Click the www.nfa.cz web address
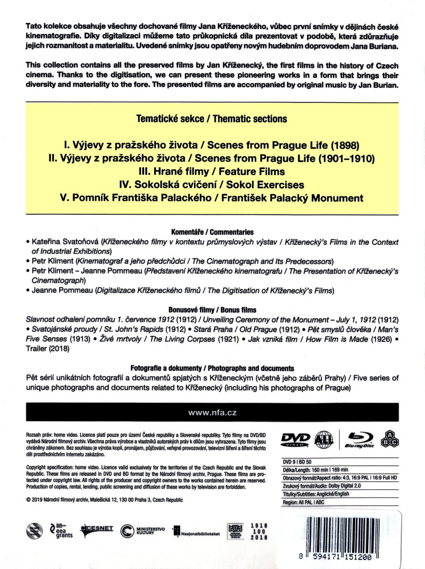212,413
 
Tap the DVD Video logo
295,440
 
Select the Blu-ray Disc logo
359,440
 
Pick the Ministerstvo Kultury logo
143,530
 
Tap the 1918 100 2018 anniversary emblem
259,531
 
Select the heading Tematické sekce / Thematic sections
212,119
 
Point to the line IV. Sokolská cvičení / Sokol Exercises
212,185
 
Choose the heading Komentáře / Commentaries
212,232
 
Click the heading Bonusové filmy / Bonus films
212,310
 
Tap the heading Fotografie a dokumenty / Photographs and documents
212,368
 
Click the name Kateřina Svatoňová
65,242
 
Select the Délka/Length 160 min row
315,470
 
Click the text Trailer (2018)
48,349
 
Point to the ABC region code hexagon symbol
392,439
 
